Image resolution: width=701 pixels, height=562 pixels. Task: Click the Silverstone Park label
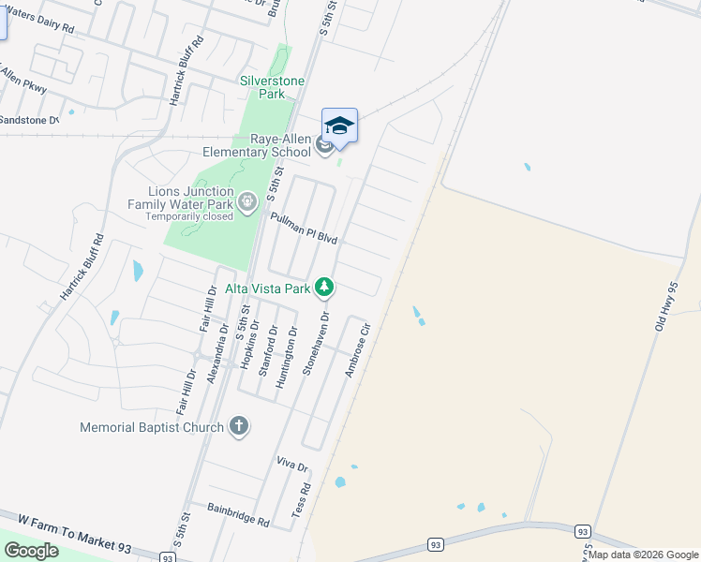pyautogui.click(x=272, y=87)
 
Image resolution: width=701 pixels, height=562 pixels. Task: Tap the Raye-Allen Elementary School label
pyautogui.click(x=257, y=144)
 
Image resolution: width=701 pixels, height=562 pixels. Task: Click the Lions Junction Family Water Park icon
pyautogui.click(x=247, y=200)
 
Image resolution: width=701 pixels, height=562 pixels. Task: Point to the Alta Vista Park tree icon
pyautogui.click(x=324, y=287)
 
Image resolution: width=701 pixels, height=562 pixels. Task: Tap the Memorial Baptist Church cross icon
pyautogui.click(x=239, y=426)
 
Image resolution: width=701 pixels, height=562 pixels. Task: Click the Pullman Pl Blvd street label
pyautogui.click(x=303, y=228)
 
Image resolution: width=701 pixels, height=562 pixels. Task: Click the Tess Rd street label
pyautogui.click(x=301, y=502)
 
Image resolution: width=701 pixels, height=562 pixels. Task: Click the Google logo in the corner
pyautogui.click(x=31, y=551)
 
